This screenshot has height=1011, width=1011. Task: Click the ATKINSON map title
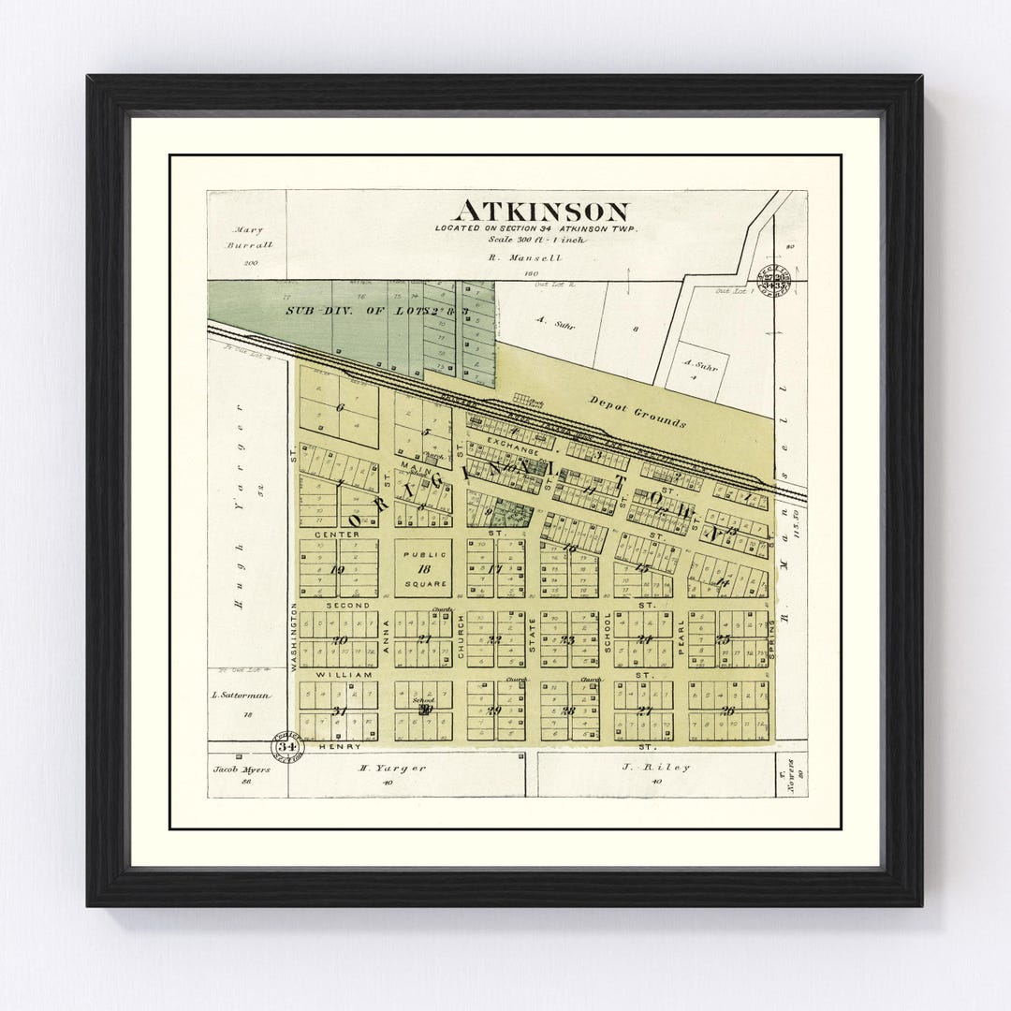[x=541, y=211]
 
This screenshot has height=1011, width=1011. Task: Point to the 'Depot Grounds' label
[x=637, y=409]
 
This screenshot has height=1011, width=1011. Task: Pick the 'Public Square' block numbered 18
[x=422, y=568]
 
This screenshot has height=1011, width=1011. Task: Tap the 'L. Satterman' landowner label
[x=241, y=696]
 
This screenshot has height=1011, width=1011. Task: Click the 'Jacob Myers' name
[x=241, y=769]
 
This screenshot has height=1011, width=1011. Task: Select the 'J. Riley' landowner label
[x=669, y=768]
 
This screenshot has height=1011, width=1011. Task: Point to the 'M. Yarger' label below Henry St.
[x=394, y=768]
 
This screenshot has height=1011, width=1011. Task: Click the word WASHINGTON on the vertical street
[x=294, y=637]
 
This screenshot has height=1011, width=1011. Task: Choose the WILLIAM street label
[x=344, y=674]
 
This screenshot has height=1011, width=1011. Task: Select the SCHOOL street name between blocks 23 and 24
[x=608, y=633]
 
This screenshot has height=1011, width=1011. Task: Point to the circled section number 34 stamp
[x=285, y=746]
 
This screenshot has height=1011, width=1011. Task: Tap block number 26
[x=727, y=711]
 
